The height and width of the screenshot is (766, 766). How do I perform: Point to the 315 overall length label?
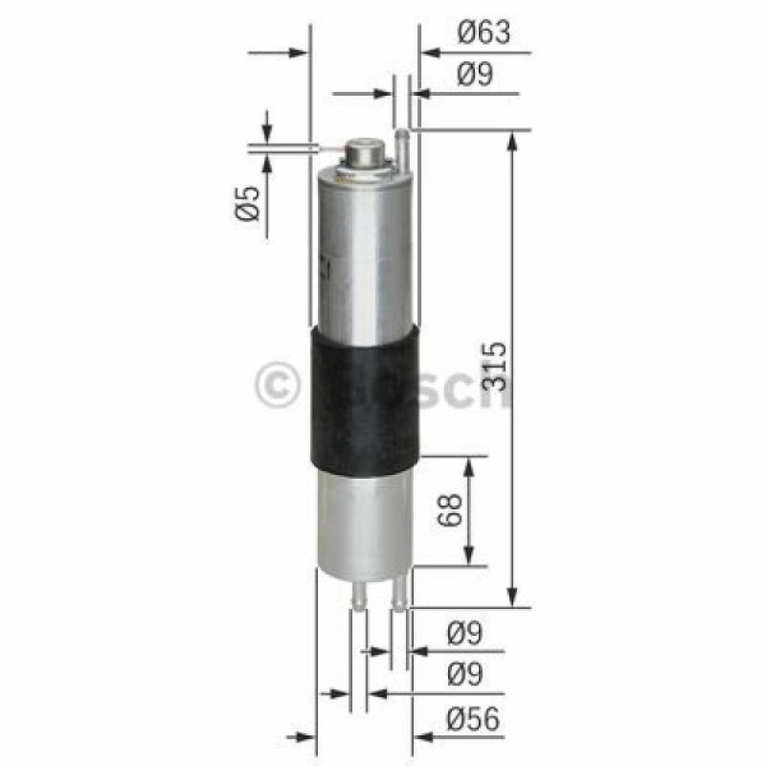496,366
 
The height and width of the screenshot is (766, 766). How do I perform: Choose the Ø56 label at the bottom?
474,719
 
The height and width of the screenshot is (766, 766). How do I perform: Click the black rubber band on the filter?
364,398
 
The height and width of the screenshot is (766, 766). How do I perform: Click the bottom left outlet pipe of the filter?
358,596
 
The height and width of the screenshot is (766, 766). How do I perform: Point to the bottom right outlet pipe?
398,596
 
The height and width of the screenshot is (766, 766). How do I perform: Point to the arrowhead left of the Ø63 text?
430,53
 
